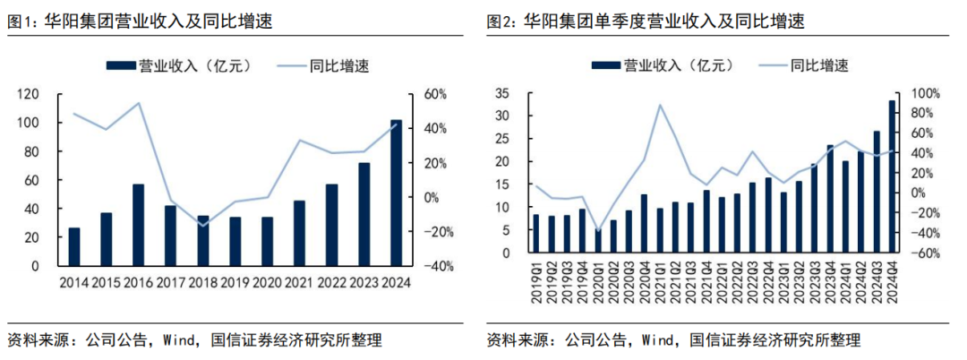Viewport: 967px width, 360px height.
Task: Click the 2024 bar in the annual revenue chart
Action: click(x=396, y=193)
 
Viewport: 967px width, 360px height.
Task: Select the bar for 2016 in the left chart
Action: click(x=139, y=225)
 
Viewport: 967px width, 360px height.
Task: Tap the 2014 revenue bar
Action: click(x=74, y=246)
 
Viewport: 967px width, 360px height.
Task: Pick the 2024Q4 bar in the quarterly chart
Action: click(x=892, y=176)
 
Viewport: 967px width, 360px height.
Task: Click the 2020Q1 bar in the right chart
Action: click(x=598, y=241)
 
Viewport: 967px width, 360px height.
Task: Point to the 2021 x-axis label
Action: click(x=299, y=283)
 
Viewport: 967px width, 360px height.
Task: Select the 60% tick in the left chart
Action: click(x=435, y=94)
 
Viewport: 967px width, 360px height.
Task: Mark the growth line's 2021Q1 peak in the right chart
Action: click(x=660, y=105)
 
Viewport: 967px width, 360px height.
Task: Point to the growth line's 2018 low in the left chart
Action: click(x=203, y=225)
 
